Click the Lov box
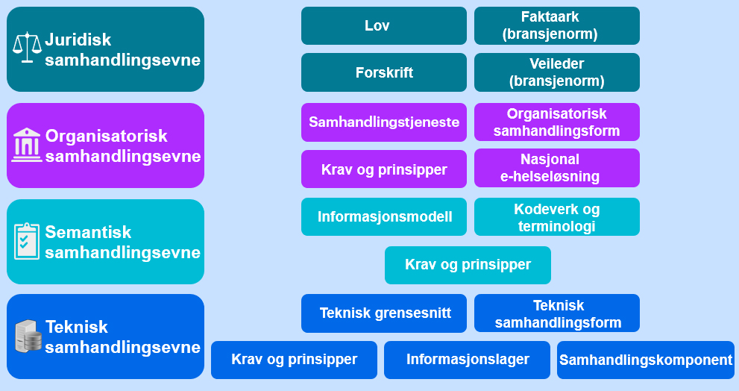coord(383,26)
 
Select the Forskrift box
coord(383,72)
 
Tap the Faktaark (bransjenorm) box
coord(557,26)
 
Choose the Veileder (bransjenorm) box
coord(557,72)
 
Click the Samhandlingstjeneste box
coord(383,122)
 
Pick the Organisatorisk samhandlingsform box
coord(557,122)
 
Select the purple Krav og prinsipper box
coord(383,169)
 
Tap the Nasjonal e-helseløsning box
coord(557,169)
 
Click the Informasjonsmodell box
coord(383,217)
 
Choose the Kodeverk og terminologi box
coord(557,217)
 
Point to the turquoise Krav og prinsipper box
coord(468,265)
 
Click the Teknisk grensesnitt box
coord(383,313)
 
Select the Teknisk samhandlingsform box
coord(557,313)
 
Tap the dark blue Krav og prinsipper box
coord(294,360)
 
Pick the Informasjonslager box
coord(467,360)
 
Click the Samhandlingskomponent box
coord(646,360)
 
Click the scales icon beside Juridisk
coord(28,48)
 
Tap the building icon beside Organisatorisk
coord(27,145)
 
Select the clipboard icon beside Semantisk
coord(27,240)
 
